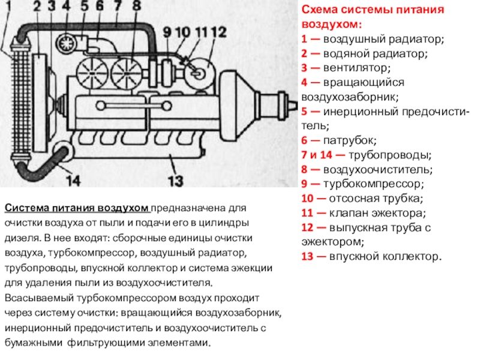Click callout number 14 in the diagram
[72, 179]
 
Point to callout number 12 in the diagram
[218, 31]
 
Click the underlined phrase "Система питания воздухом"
[77, 208]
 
